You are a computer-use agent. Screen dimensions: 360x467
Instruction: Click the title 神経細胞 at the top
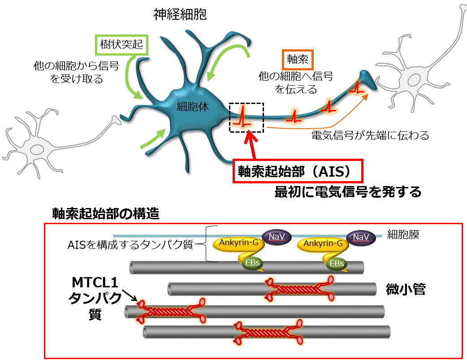[179, 15]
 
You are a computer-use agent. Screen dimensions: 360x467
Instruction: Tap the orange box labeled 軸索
[296, 59]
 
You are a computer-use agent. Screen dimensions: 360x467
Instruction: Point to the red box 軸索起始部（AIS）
[297, 172]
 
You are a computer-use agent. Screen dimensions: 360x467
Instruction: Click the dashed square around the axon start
[246, 117]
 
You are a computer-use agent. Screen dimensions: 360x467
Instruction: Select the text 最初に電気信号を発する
[348, 192]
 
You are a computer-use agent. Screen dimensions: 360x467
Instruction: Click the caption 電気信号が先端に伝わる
[370, 135]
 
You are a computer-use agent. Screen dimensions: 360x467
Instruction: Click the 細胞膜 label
[404, 235]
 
